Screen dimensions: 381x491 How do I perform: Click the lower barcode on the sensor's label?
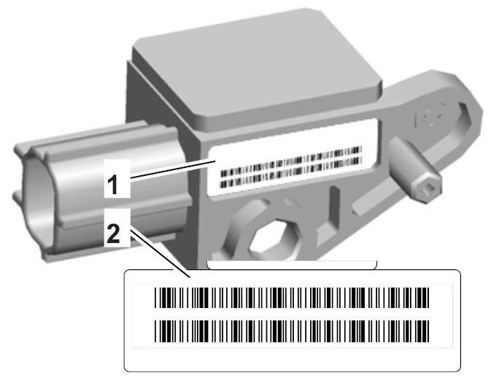click(x=290, y=176)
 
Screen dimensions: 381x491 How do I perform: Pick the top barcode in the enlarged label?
click(x=292, y=299)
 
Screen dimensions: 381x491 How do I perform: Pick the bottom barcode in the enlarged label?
click(x=292, y=331)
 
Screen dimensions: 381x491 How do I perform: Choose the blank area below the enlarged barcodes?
click(x=292, y=356)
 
